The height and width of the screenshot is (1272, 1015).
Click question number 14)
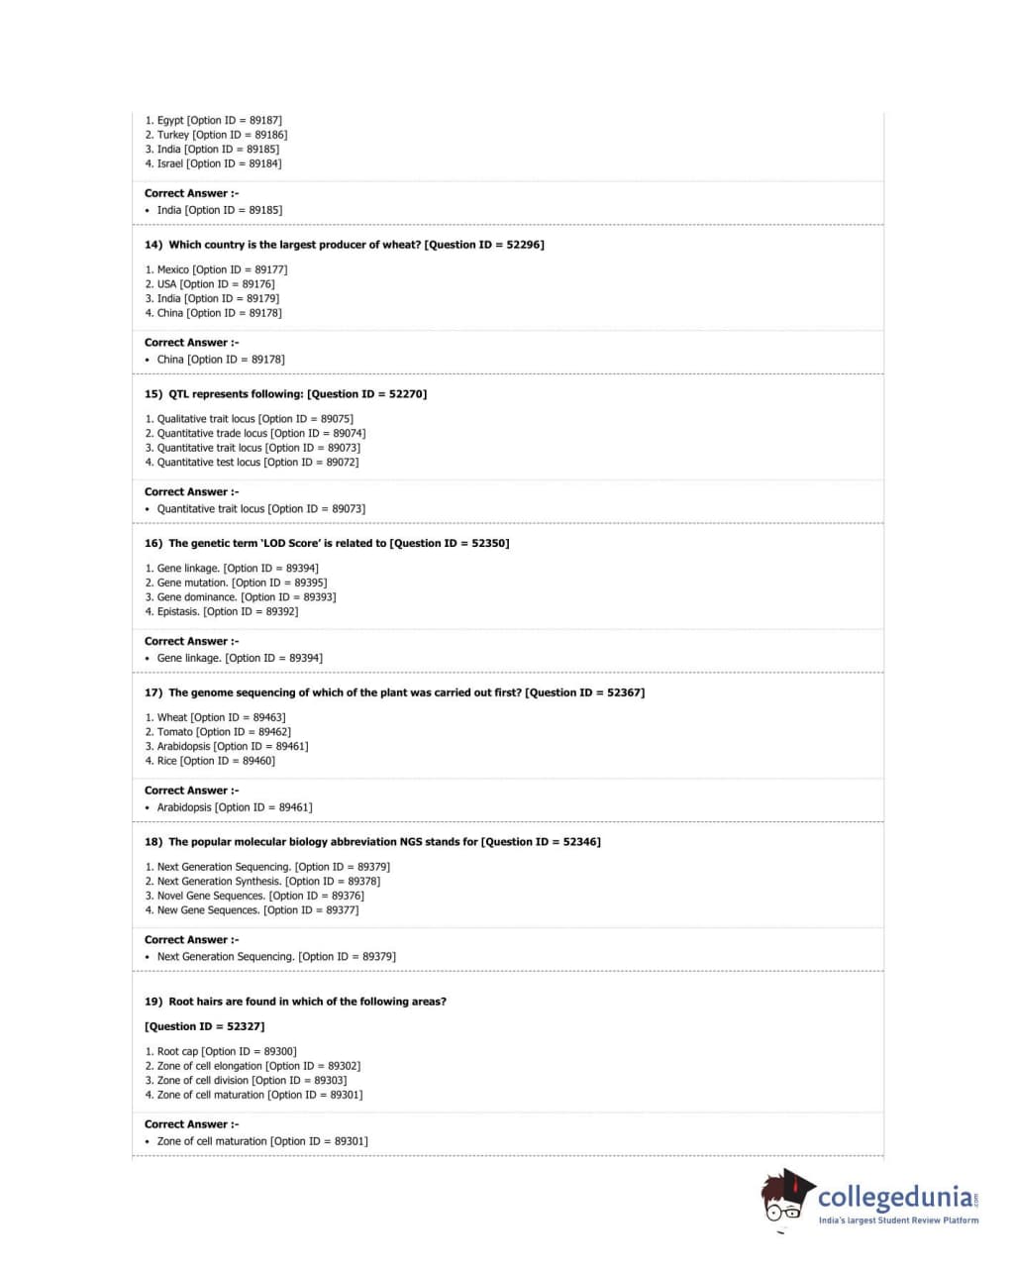(x=153, y=245)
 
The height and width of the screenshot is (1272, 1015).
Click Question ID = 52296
(x=484, y=245)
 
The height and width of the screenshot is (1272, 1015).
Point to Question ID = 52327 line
(x=205, y=1026)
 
